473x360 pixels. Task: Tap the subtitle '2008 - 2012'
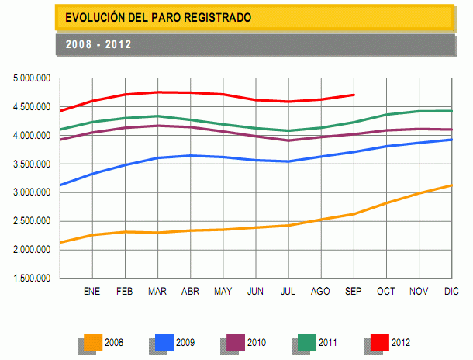click(98, 44)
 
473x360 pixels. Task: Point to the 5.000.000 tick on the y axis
click(33, 78)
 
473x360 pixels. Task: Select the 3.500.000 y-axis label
click(33, 164)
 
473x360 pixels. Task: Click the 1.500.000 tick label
click(33, 278)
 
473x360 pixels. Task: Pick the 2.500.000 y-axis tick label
click(33, 221)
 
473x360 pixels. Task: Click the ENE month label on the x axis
click(92, 292)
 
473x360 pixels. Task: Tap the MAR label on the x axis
click(157, 292)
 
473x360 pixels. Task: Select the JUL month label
click(288, 292)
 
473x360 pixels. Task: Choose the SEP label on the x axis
click(354, 292)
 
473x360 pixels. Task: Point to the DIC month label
click(451, 292)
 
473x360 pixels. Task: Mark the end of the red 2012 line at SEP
click(354, 95)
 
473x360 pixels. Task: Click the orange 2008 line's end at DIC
click(451, 185)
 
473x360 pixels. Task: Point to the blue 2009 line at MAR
click(157, 158)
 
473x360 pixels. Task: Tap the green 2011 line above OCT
click(386, 115)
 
